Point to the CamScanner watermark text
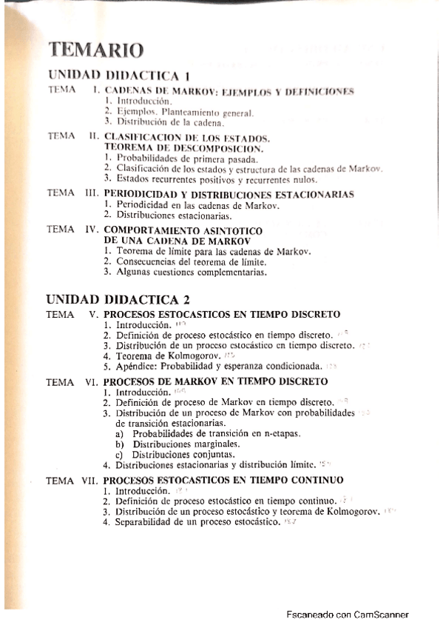347,615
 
